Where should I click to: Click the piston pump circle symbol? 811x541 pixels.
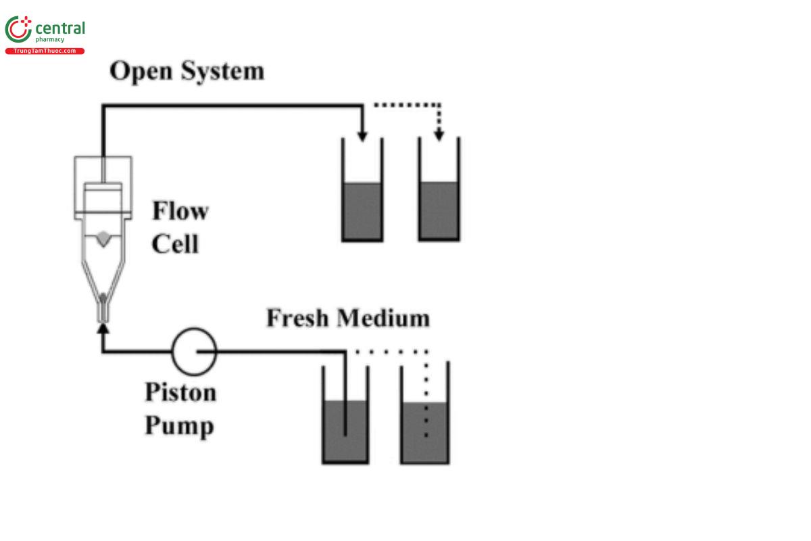[x=194, y=350]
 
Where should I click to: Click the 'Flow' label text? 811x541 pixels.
[x=180, y=211]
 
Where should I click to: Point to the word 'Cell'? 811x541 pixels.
[x=175, y=243]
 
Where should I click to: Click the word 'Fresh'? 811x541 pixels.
[x=298, y=318]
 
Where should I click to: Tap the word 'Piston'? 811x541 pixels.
[x=180, y=392]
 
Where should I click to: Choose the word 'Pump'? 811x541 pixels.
[x=179, y=426]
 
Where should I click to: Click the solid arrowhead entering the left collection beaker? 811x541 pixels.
[x=363, y=135]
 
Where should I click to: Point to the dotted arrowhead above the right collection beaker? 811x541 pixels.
[x=439, y=135]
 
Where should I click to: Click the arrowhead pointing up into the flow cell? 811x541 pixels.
[x=103, y=329]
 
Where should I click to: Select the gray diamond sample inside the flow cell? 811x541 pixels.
[x=103, y=239]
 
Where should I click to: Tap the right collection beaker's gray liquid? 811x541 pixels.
[x=439, y=210]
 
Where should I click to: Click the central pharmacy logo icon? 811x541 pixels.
[x=18, y=30]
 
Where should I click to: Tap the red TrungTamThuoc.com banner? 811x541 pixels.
[x=45, y=51]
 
